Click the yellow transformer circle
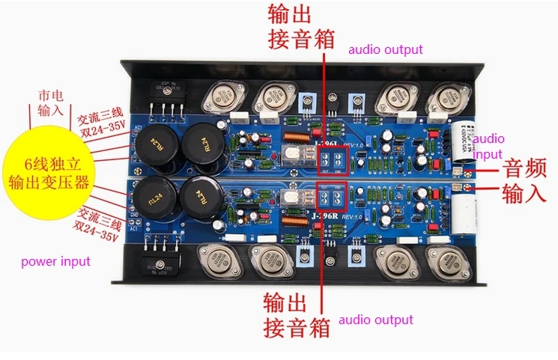[46, 174]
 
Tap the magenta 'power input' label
[55, 261]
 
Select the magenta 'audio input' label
[488, 146]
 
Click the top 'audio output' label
[385, 49]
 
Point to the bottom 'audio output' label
[375, 320]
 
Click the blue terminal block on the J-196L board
[332, 158]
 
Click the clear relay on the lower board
[293, 200]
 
